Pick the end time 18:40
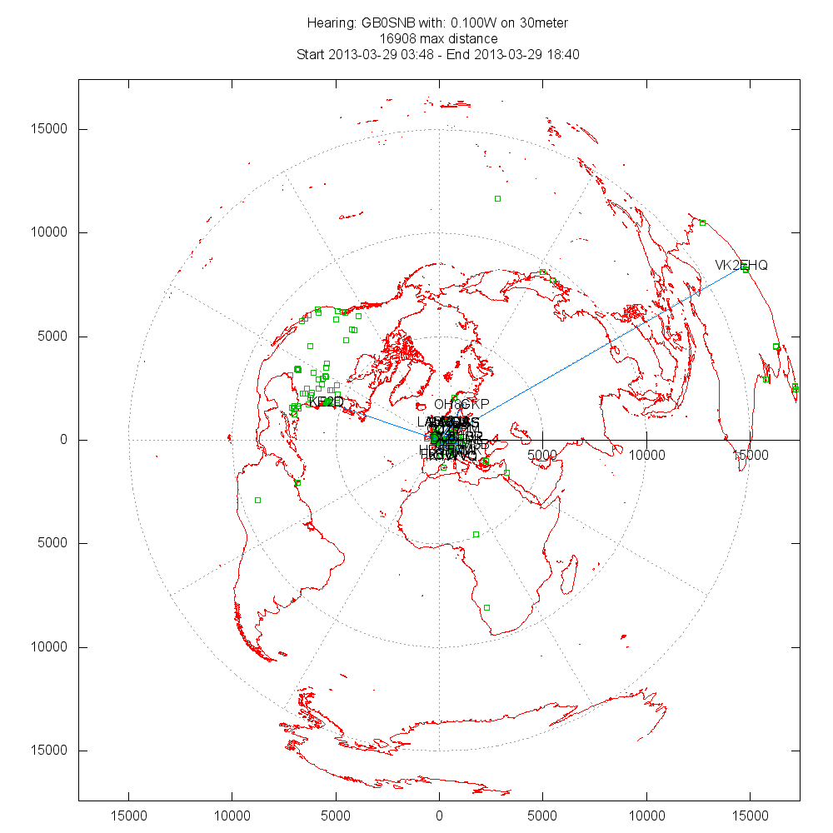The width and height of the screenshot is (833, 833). click(x=563, y=55)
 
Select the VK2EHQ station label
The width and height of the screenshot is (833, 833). click(x=741, y=265)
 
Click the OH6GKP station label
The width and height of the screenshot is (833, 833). click(x=461, y=404)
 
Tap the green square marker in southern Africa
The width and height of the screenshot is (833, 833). click(x=486, y=607)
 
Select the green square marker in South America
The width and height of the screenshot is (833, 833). click(x=257, y=500)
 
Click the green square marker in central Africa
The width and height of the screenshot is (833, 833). click(x=476, y=534)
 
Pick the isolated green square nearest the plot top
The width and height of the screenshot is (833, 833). click(x=497, y=198)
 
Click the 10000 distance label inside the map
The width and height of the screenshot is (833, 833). click(x=647, y=455)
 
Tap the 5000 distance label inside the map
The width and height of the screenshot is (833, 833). click(x=543, y=455)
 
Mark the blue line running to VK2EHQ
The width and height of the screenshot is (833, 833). click(x=608, y=342)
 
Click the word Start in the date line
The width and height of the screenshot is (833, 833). click(x=312, y=55)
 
